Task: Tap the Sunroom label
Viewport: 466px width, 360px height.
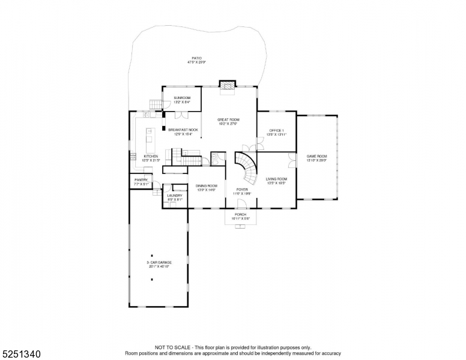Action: click(x=182, y=100)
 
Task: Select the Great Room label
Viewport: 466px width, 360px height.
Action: click(x=228, y=122)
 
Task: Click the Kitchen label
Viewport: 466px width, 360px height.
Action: click(x=150, y=158)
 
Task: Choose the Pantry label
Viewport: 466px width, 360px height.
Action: click(x=141, y=182)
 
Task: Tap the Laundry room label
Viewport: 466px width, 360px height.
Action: click(x=175, y=197)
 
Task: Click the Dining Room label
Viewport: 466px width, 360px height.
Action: click(x=207, y=188)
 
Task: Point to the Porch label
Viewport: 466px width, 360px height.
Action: click(x=240, y=217)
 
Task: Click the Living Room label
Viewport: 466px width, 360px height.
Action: click(x=276, y=181)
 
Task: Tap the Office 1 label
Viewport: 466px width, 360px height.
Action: click(x=277, y=132)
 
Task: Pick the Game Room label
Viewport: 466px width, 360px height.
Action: click(x=316, y=158)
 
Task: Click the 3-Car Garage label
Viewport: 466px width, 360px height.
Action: click(x=159, y=264)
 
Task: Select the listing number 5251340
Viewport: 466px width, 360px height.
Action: click(x=21, y=353)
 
